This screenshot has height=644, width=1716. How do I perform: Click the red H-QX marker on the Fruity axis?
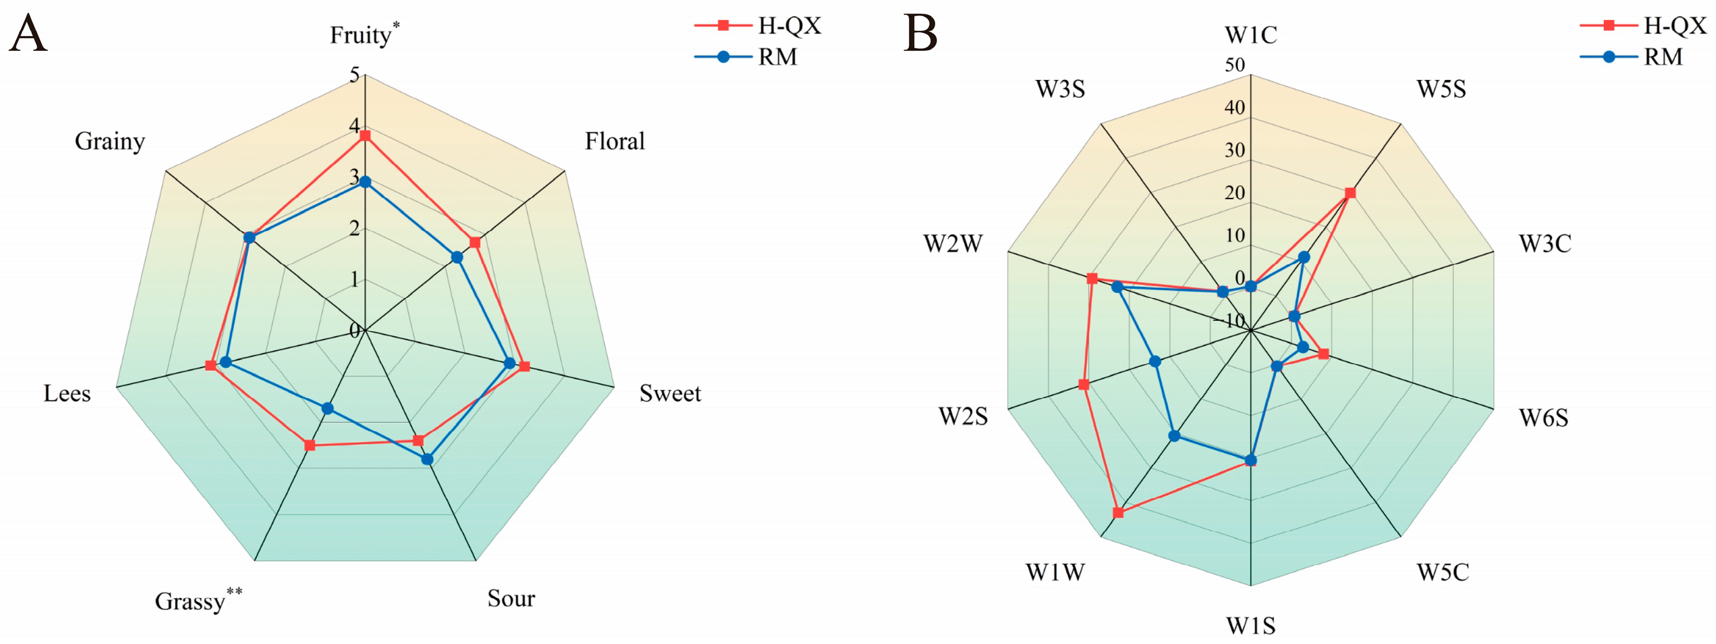(364, 137)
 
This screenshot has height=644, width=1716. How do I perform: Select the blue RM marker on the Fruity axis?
(364, 182)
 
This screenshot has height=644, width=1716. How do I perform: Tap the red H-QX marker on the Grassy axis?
(309, 445)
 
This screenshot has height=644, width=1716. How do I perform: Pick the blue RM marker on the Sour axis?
(427, 459)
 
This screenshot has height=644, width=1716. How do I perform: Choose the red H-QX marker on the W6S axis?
(1324, 354)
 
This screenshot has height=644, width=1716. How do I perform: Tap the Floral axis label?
(614, 141)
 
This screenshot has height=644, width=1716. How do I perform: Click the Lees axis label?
(66, 393)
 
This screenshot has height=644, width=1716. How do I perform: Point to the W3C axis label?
(1545, 244)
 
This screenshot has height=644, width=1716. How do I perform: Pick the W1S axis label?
(1251, 625)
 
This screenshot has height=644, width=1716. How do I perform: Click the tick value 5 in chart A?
(355, 74)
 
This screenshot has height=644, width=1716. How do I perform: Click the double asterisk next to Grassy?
(235, 591)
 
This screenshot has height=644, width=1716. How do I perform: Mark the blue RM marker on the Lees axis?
(225, 362)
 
